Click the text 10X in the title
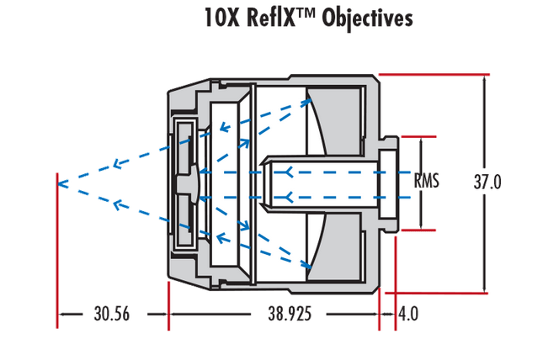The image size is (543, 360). coord(221,18)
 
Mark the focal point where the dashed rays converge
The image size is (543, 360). coord(57,180)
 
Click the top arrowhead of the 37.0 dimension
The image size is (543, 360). coord(487,78)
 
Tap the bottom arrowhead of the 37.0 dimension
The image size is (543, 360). coord(487,289)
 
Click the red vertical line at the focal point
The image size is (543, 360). coord(56,252)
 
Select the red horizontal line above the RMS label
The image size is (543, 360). coord(418,135)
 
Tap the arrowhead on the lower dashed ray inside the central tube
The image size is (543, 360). coord(291,197)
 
